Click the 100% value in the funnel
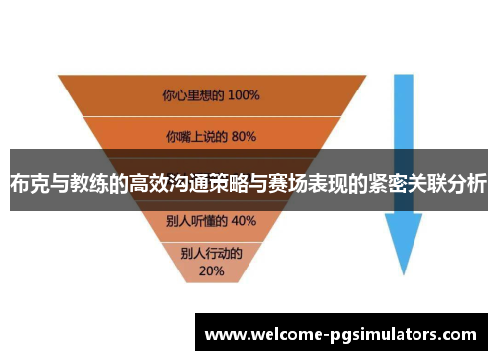click(x=242, y=96)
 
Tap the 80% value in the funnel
click(x=244, y=136)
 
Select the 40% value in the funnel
click(x=244, y=220)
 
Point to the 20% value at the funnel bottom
click(x=211, y=270)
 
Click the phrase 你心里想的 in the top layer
click(x=192, y=96)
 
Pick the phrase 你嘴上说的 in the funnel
click(x=197, y=136)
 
